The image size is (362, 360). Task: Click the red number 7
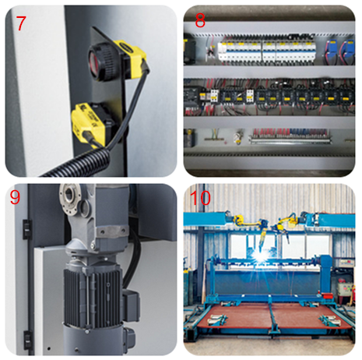tap(21, 23)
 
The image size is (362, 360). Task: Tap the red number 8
tap(200, 20)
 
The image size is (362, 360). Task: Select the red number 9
tap(15, 197)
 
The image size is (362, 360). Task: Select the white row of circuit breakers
tap(267, 52)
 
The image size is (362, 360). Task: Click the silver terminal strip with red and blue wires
tap(290, 139)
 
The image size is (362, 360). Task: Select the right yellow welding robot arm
tap(289, 225)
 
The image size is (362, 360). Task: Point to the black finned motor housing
tap(93, 296)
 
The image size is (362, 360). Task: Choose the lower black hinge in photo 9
tap(27, 340)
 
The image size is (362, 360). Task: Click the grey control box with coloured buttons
tap(345, 289)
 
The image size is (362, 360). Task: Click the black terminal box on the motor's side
tap(131, 305)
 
